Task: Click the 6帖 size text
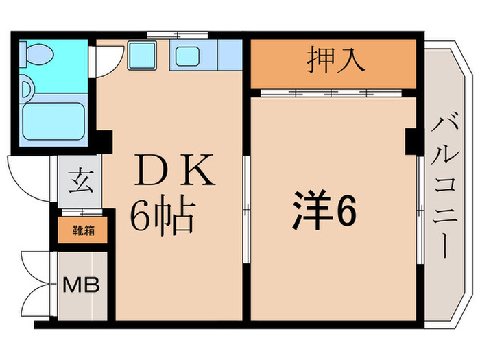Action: [x=163, y=216]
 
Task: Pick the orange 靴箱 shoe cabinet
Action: [x=82, y=231]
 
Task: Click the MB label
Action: [x=82, y=284]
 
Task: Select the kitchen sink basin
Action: [x=187, y=56]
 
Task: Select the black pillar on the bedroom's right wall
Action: [x=411, y=142]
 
